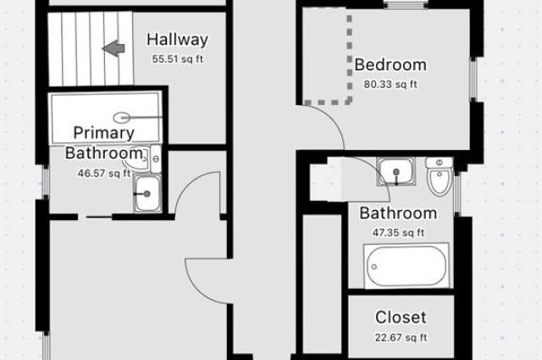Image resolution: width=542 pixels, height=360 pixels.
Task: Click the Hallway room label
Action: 177,40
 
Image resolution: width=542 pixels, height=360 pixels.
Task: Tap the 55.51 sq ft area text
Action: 178,58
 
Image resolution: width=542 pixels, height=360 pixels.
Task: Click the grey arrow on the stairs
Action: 113,48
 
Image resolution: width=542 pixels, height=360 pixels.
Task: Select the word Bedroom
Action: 390,65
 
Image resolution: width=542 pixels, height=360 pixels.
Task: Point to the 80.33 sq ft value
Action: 390,85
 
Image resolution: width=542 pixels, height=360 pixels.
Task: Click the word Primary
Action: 103,133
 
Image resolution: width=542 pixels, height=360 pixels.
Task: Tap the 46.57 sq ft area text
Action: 104,173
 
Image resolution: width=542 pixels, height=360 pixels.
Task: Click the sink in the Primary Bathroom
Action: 147,194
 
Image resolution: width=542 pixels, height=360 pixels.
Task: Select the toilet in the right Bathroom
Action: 440,176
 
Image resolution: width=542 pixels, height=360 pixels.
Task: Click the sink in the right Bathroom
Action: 395,172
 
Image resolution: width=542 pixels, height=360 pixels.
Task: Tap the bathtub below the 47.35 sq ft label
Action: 406,266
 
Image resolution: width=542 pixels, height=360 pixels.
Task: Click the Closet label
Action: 401,318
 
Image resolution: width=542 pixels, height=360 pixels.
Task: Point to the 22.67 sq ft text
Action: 401,337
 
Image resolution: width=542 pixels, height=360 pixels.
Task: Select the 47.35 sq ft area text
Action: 398,233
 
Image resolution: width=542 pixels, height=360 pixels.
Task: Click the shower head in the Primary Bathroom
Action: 122,118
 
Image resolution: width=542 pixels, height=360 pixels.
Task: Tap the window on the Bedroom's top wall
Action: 406,4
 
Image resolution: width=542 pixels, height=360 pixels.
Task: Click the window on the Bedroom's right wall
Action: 473,79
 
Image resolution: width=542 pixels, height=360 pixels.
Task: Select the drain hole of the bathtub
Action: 374,267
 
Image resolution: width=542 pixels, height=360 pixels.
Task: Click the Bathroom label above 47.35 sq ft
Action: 398,213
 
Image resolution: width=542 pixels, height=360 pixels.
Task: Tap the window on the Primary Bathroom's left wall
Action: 46,182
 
